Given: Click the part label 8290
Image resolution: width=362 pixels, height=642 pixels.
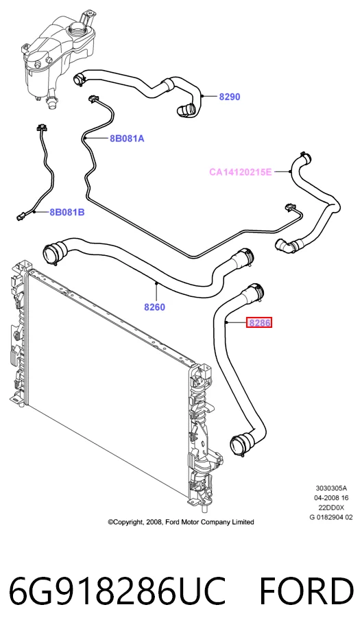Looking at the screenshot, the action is pyautogui.click(x=230, y=97).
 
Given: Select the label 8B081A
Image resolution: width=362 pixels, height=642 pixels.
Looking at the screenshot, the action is pyautogui.click(x=127, y=139).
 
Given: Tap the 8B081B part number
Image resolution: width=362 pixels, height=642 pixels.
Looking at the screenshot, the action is pyautogui.click(x=67, y=213).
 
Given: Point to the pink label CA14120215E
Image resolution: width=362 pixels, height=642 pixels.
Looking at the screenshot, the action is pyautogui.click(x=241, y=172).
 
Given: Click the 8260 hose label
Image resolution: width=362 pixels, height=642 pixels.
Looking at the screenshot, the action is pyautogui.click(x=155, y=307).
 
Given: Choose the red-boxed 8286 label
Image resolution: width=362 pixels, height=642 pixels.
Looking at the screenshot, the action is pyautogui.click(x=259, y=322).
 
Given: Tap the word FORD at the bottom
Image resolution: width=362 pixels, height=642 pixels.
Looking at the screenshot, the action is pyautogui.click(x=306, y=592).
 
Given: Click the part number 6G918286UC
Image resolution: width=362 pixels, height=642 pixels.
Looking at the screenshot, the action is pyautogui.click(x=117, y=592).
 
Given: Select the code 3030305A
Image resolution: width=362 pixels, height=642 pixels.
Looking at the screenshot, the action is pyautogui.click(x=331, y=488).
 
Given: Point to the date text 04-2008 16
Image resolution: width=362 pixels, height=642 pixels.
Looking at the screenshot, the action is pyautogui.click(x=331, y=498).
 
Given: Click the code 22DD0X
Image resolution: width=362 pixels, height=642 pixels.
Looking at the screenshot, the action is pyautogui.click(x=331, y=508).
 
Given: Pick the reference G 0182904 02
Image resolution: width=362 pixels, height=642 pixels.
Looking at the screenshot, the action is pyautogui.click(x=331, y=518).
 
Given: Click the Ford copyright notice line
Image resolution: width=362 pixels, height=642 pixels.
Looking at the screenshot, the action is pyautogui.click(x=181, y=522).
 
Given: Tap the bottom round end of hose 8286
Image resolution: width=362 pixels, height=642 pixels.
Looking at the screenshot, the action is pyautogui.click(x=239, y=446).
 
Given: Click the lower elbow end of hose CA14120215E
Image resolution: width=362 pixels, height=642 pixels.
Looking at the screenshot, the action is pyautogui.click(x=283, y=246).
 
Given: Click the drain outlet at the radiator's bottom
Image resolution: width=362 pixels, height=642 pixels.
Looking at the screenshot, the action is pyautogui.click(x=204, y=509).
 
